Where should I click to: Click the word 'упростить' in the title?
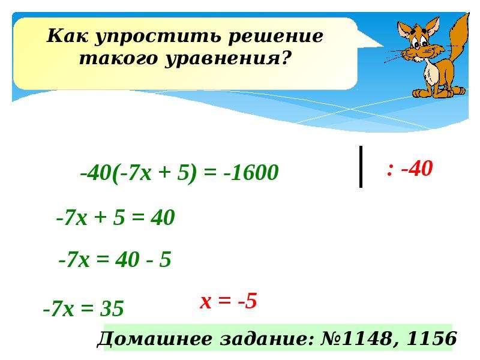click(158, 37)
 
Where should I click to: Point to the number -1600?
click(251, 172)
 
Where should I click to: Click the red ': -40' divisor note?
click(409, 169)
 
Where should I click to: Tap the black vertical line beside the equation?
click(361, 166)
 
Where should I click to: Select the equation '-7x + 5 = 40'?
click(116, 218)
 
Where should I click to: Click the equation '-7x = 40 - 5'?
click(115, 260)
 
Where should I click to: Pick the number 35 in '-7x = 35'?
click(112, 308)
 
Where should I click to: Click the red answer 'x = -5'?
click(229, 301)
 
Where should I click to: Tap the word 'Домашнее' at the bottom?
click(155, 339)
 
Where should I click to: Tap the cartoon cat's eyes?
click(421, 42)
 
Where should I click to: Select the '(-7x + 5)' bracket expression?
click(155, 173)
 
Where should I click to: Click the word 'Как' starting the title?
click(68, 37)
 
